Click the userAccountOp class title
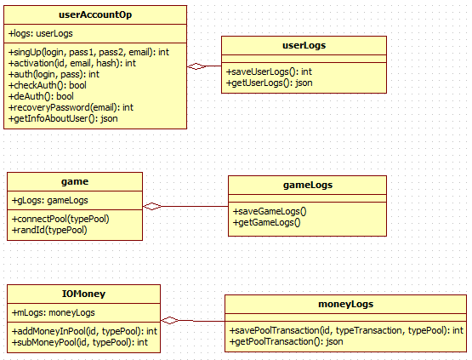[95, 14]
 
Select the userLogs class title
[304, 45]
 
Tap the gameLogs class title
[308, 185]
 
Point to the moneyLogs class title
[345, 305]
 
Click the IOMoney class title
[83, 294]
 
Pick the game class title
[75, 181]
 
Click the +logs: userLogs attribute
[41, 33]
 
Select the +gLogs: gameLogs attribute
[49, 200]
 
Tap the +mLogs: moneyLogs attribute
[53, 312]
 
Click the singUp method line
[88, 53]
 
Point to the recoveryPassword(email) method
[71, 107]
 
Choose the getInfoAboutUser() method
[63, 118]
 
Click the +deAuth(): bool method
[41, 96]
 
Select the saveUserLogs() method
[269, 71]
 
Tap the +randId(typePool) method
[49, 230]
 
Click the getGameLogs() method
[267, 223]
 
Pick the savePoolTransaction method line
[346, 330]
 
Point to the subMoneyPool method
[79, 342]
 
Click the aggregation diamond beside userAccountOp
[196, 66]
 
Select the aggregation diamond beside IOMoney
[170, 321]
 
